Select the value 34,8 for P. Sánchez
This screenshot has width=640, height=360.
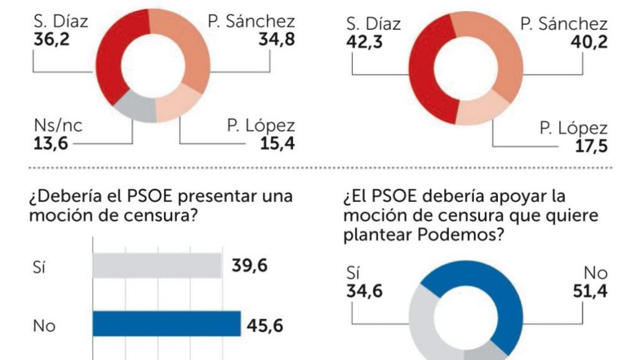click(x=277, y=40)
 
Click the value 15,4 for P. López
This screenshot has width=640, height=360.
click(x=277, y=144)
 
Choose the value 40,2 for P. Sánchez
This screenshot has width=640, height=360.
click(x=590, y=44)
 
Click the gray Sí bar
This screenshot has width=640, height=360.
click(x=156, y=266)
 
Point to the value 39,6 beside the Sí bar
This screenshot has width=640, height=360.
click(x=249, y=266)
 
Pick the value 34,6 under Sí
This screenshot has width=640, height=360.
click(x=364, y=291)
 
